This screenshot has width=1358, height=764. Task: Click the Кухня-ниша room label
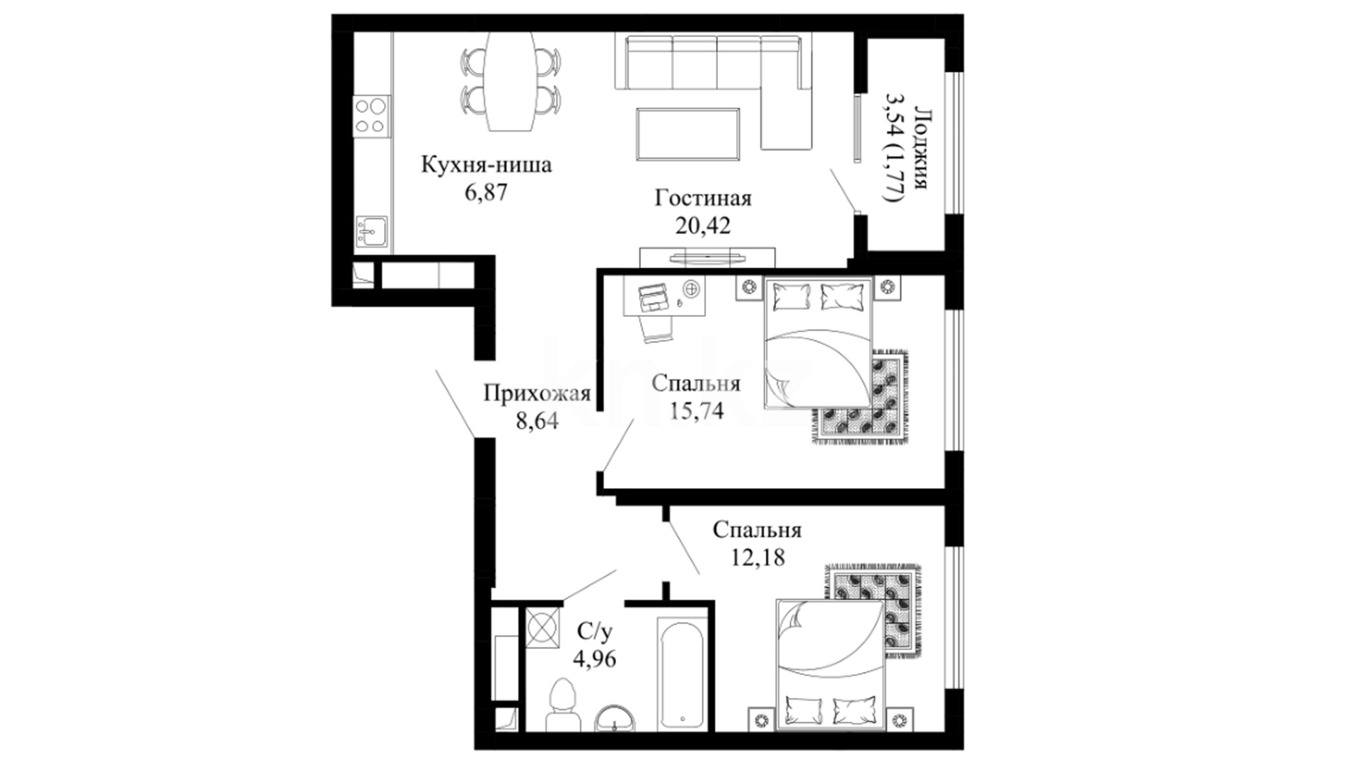486,166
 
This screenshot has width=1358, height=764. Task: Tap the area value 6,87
486,192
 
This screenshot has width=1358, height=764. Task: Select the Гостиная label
702,199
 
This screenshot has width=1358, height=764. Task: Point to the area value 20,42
702,226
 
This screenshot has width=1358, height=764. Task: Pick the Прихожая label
537,393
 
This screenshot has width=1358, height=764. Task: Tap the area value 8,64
537,421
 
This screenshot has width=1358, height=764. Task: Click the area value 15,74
696,411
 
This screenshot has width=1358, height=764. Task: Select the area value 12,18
758,557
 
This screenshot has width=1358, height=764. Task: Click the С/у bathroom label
595,630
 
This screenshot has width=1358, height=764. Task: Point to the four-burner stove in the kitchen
372,116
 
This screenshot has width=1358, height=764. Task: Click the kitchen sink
371,232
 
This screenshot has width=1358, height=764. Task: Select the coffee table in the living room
688,134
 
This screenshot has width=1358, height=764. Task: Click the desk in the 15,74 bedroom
665,294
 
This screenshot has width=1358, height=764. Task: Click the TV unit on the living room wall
707,257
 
